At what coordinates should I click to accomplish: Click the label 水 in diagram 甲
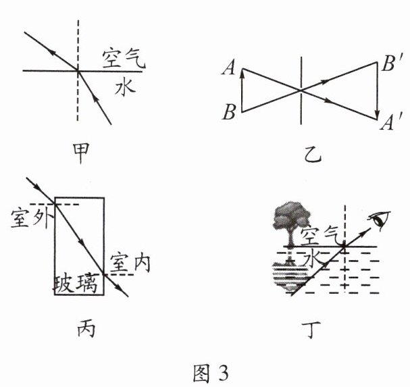coord(122,86)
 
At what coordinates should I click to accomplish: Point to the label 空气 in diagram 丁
coord(318,236)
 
